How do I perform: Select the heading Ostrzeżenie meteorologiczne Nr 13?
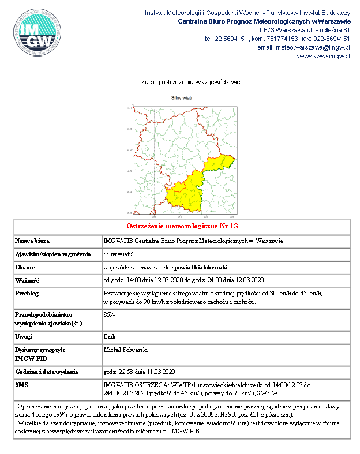pos(182,226)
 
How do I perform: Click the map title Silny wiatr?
pos(181,98)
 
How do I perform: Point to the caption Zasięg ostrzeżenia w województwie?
pos(182,82)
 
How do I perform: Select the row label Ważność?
pos(27,280)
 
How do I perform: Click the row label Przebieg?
pos(27,294)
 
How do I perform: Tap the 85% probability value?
pos(109,314)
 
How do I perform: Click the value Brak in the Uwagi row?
pos(109,336)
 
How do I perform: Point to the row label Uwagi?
pos(24,336)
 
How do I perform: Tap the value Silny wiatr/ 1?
pos(121,254)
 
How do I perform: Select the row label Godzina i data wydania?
pos(47,371)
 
